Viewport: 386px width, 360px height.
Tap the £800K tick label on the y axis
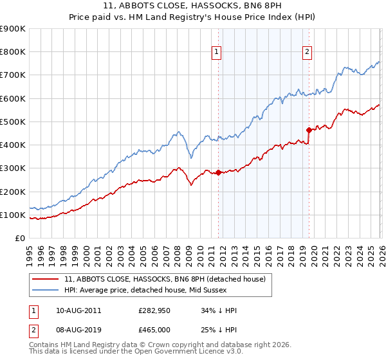point(12,52)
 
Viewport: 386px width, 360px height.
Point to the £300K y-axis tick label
point(12,168)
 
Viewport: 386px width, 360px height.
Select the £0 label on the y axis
point(20,238)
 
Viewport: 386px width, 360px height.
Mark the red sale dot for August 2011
point(218,172)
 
